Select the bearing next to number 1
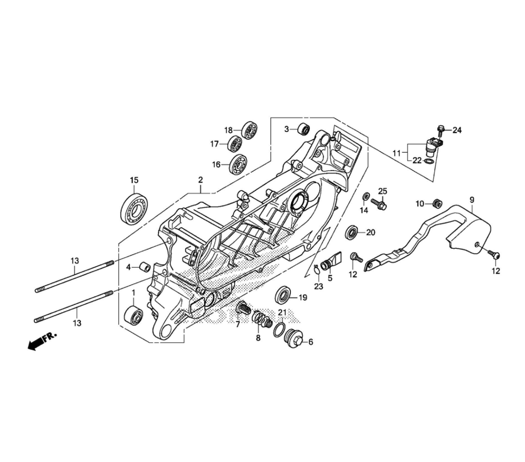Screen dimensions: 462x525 (x=133, y=316)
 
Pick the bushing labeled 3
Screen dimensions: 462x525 (x=303, y=129)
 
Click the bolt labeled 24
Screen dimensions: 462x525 (x=440, y=129)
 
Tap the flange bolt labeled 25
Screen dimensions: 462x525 (x=380, y=204)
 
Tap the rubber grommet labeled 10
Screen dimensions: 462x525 (x=435, y=203)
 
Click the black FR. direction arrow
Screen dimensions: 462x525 (x=37, y=343)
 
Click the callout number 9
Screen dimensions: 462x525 (x=471, y=199)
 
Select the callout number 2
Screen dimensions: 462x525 (x=200, y=180)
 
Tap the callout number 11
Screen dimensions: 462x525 (x=396, y=153)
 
